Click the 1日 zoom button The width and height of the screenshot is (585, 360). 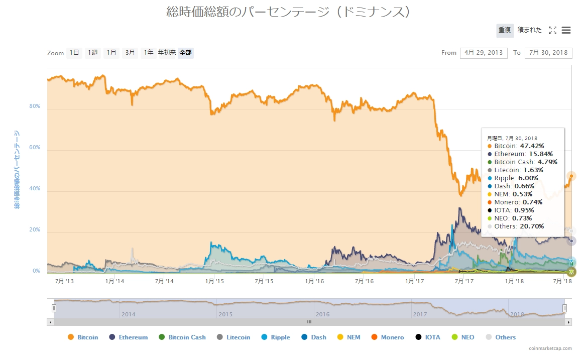click(74, 53)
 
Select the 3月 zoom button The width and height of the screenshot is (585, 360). click(130, 53)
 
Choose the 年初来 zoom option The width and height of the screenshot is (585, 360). click(167, 53)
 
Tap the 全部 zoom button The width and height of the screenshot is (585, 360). click(185, 53)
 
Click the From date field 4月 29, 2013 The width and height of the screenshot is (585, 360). click(484, 53)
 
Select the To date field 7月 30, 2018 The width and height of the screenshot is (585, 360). click(548, 53)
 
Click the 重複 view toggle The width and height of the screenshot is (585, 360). click(505, 30)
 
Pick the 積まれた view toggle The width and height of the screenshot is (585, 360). click(530, 30)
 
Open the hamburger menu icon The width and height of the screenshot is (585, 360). click(566, 30)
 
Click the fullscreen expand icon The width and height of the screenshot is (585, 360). click(552, 30)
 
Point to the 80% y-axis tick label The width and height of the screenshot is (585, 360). click(34, 106)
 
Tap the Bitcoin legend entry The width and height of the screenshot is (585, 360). click(83, 337)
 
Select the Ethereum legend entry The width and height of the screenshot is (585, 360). click(129, 337)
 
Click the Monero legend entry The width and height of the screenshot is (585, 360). click(388, 337)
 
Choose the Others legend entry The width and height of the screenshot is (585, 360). click(501, 337)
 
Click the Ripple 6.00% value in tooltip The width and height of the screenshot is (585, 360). click(527, 178)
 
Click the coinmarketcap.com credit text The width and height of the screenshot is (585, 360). click(550, 348)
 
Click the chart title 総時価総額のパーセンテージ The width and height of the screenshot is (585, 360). click(289, 12)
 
